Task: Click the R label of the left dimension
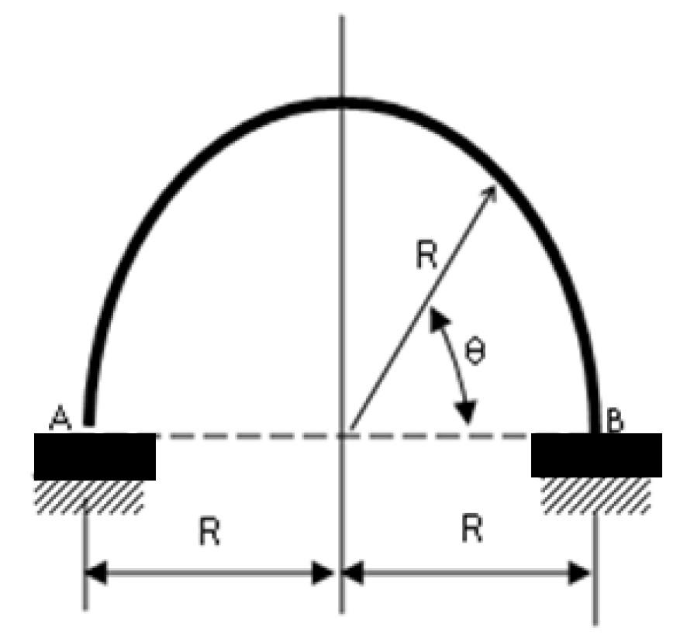coord(208,532)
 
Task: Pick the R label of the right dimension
coord(470,531)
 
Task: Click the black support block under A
coord(95,456)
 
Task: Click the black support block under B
coord(596,454)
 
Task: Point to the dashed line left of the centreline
coord(248,436)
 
